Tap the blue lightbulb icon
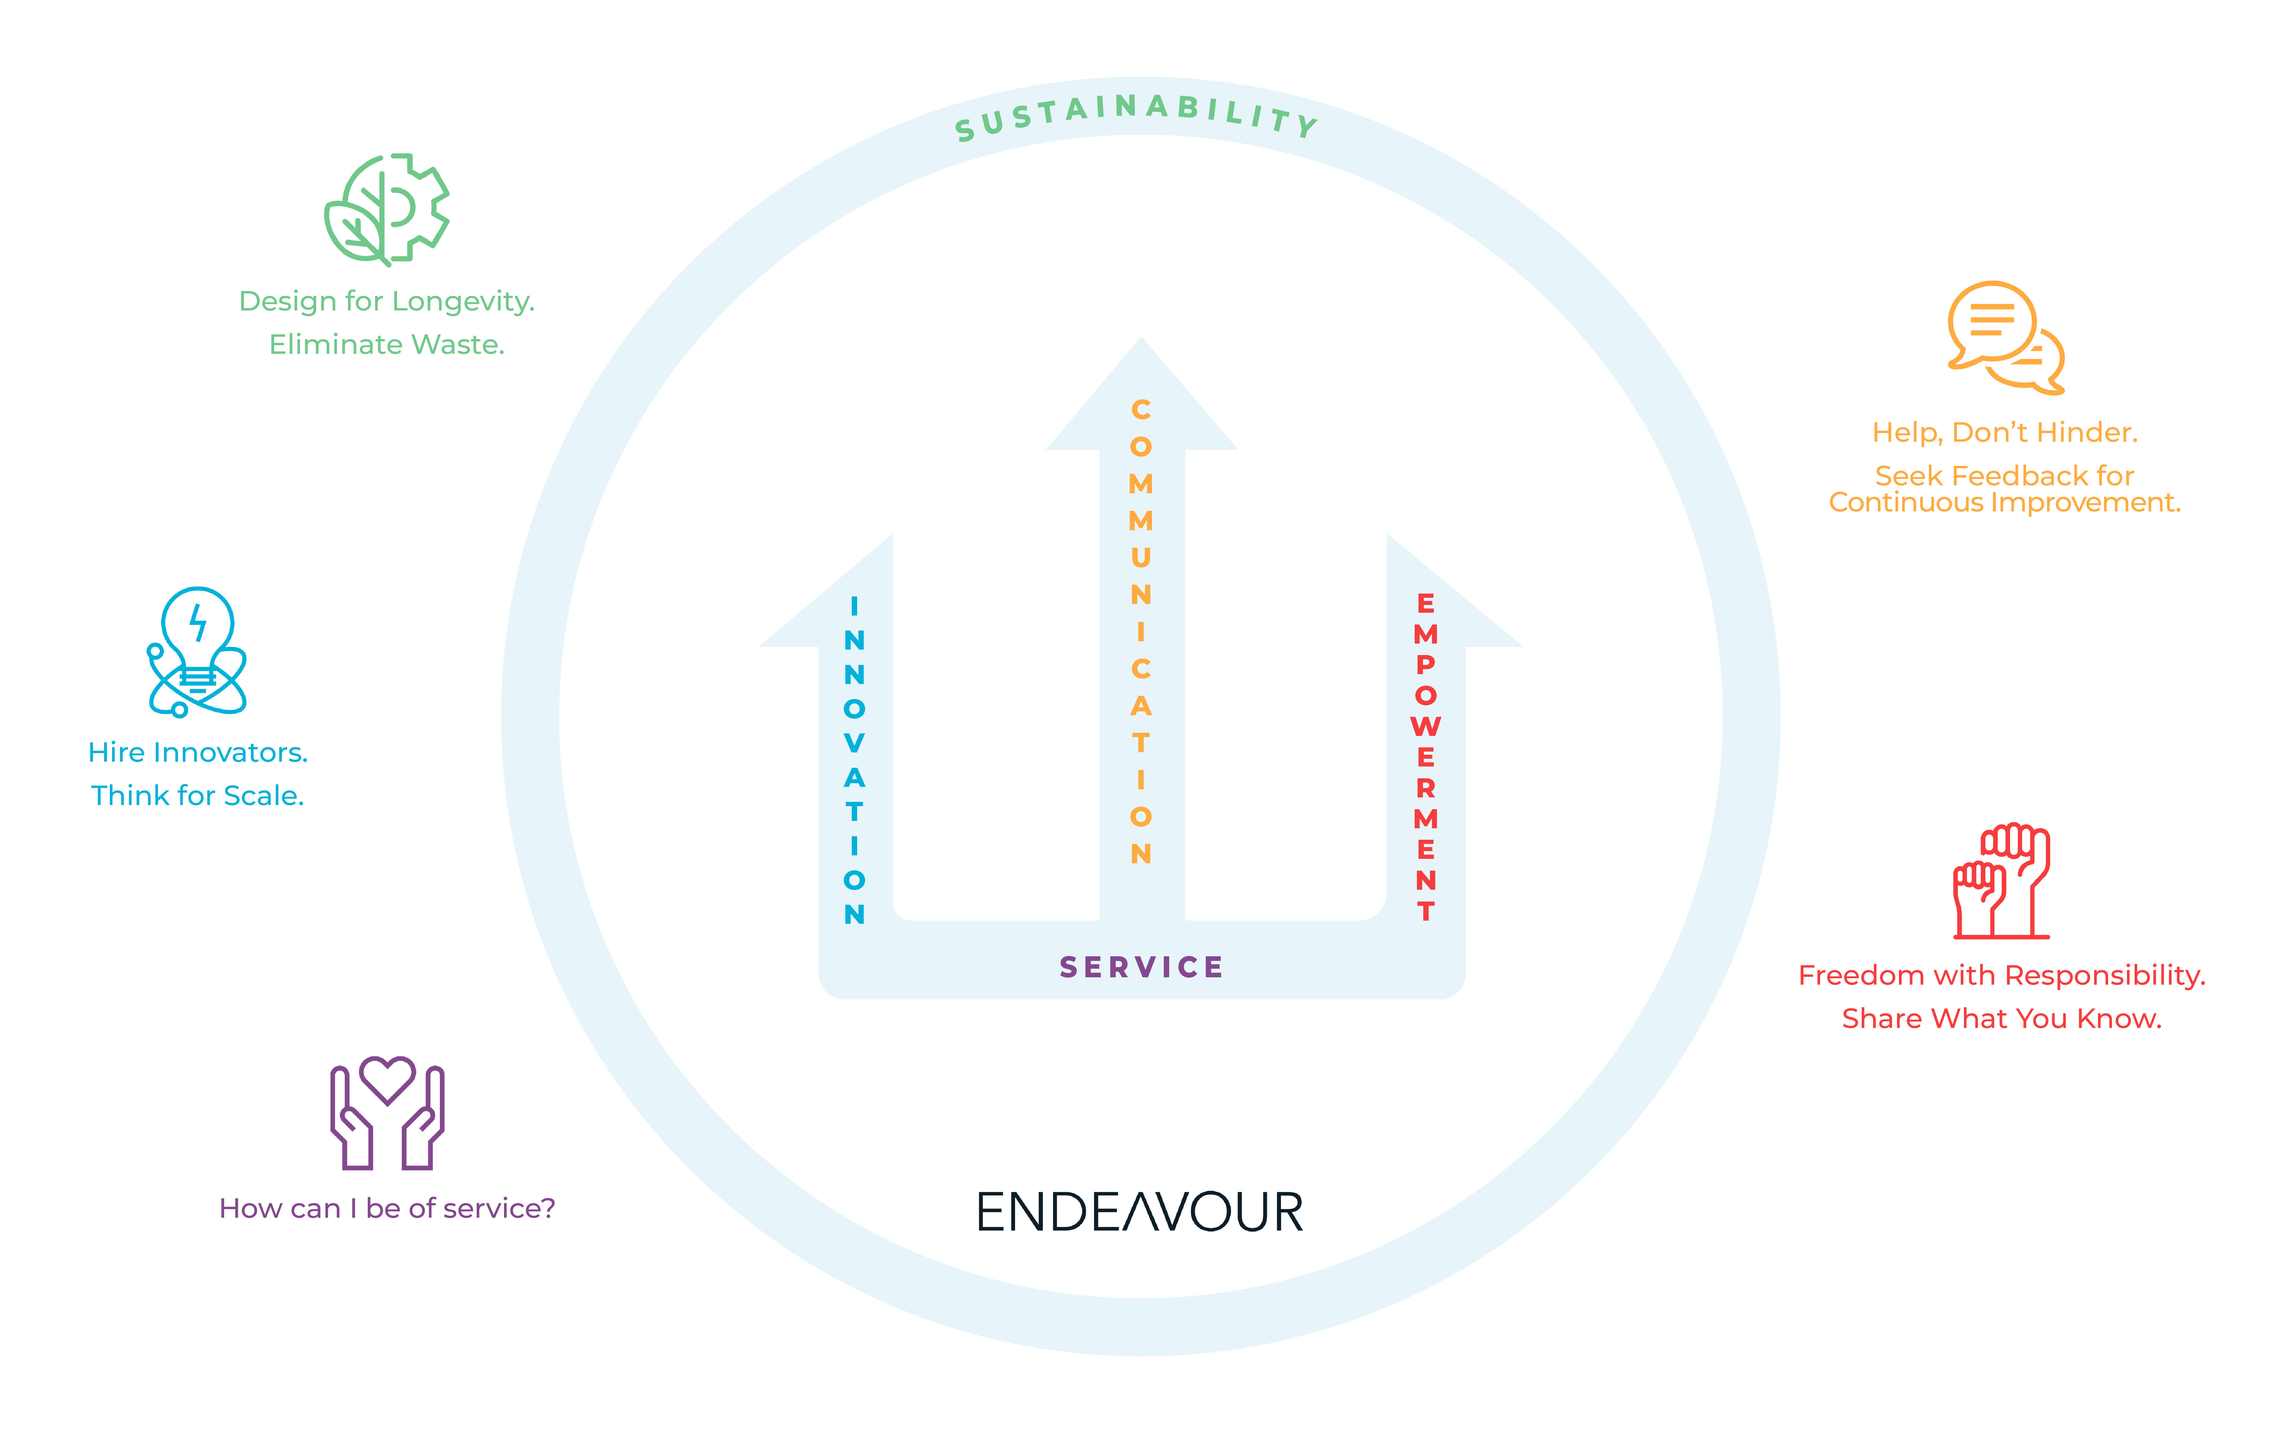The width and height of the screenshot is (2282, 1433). pos(197,652)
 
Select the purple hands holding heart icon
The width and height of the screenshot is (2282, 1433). pos(387,1114)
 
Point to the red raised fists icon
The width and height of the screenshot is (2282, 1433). pos(2001,881)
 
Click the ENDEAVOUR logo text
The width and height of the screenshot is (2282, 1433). pos(1140,1212)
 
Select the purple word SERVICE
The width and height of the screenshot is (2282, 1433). pos(1141,968)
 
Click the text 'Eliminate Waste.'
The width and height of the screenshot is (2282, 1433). pos(387,344)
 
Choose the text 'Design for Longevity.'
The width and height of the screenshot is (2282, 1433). pos(387,301)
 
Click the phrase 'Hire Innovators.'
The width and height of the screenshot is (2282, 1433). pos(198,752)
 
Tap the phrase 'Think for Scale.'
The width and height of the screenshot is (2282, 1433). pos(198,795)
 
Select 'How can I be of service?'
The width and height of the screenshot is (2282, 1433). pos(387,1208)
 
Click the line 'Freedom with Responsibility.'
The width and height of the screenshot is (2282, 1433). pos(2001,975)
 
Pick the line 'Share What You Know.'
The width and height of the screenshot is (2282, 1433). pos(2001,1019)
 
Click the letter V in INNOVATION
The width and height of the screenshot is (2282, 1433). pos(854,743)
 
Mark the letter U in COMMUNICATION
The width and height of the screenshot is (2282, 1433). pos(1141,557)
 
